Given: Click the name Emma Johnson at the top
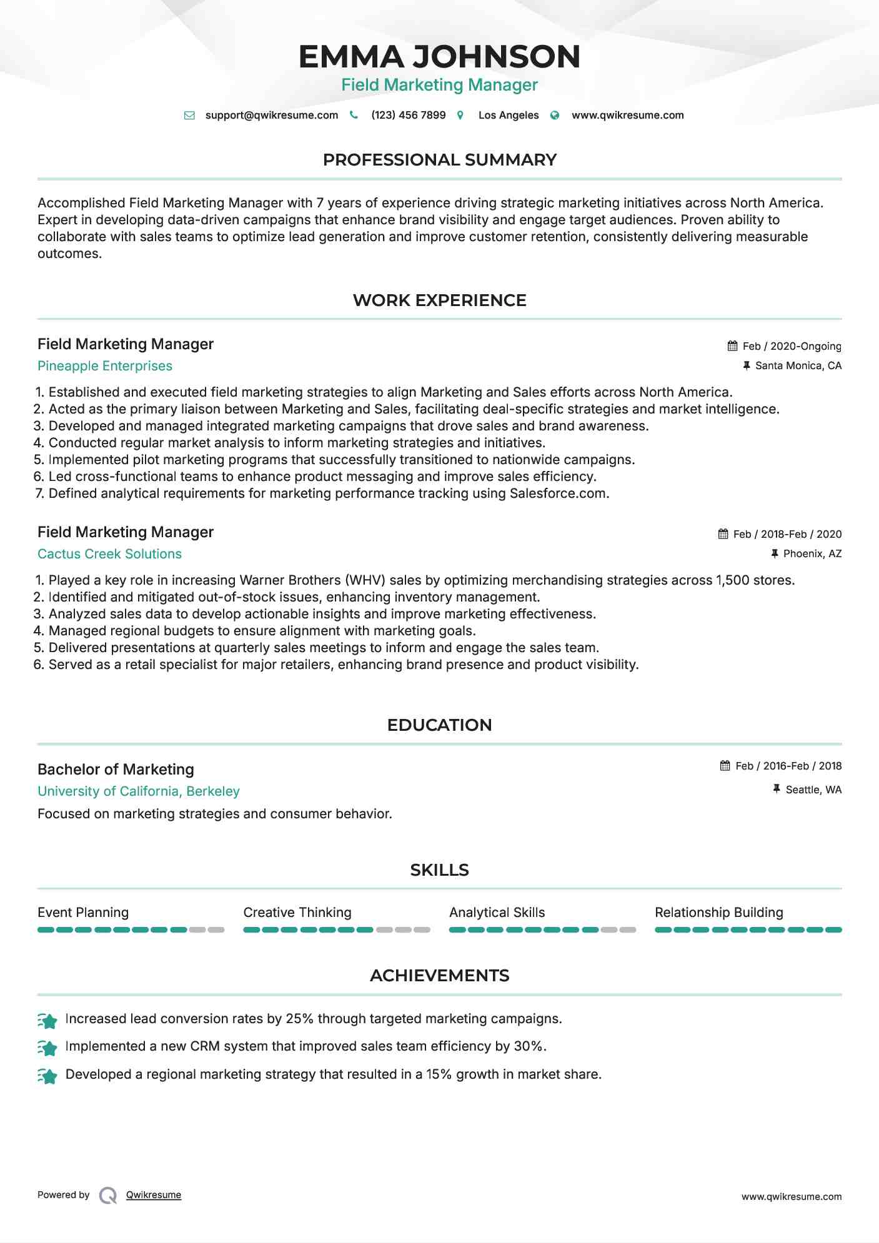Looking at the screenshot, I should point(439,57).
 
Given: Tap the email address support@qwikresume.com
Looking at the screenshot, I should point(271,116).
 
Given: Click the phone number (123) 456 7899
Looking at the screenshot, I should point(408,116).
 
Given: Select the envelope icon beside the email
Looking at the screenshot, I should point(189,116).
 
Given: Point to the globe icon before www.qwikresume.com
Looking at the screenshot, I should point(555,116).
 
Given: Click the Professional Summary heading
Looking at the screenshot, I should point(439,160).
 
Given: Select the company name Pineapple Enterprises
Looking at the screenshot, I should point(105,366).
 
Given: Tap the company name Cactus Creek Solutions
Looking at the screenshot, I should point(109,554).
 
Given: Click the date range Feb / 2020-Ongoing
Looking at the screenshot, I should point(792,346).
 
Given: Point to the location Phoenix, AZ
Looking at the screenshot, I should point(812,554).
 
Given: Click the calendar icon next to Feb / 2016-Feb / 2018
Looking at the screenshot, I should point(725,766).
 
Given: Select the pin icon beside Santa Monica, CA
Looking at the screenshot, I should point(746,365).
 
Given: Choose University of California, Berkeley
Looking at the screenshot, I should point(139,791).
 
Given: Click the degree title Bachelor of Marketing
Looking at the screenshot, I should point(116,770).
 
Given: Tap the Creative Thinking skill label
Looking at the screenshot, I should point(297,913).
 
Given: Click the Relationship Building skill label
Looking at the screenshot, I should point(718,913).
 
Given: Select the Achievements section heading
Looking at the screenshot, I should point(439,976).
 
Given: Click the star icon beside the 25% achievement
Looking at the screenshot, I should point(47,1020).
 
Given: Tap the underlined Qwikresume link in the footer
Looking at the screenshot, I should point(154,1195).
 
